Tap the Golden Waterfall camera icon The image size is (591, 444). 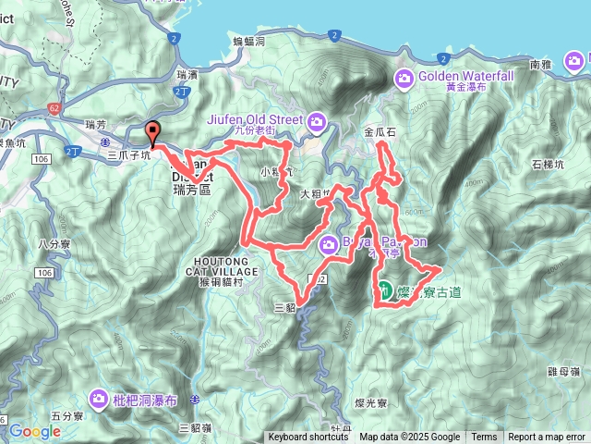tap(404, 78)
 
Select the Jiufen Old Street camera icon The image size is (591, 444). tap(317, 120)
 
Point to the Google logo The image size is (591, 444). tap(35, 431)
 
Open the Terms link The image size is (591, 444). tap(484, 438)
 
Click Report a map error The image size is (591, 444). tap(547, 438)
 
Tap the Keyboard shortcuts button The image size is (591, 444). tap(308, 438)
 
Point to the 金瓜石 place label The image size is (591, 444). tap(380, 132)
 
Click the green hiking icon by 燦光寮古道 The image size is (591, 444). tap(383, 294)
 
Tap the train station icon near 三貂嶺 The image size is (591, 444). tap(195, 400)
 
